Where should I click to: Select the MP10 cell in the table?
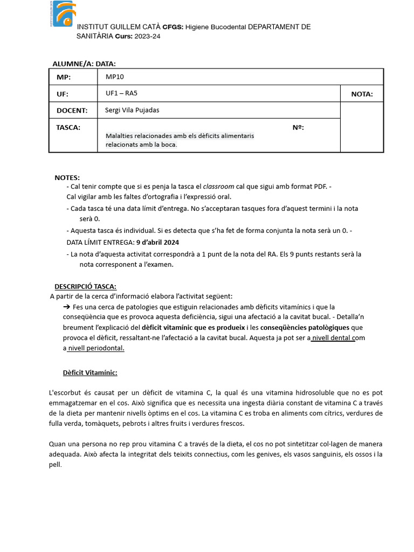tap(115, 77)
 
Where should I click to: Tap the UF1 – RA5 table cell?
tap(121, 93)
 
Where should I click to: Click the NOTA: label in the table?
tap(362, 94)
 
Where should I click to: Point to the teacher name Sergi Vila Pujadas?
tap(132, 110)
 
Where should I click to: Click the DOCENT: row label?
tap(72, 111)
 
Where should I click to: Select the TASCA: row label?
tap(68, 127)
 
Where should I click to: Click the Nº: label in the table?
tap(298, 127)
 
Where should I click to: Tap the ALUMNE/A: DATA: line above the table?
tap(84, 64)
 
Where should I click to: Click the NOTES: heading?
tap(67, 177)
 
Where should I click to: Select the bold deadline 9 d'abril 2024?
tap(157, 242)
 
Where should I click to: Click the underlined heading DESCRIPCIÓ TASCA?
tap(85, 286)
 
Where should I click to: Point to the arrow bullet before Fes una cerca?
tap(67, 307)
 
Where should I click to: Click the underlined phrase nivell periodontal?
tap(95, 348)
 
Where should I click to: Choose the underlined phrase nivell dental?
tap(333, 338)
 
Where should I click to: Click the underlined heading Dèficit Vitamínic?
tap(90, 372)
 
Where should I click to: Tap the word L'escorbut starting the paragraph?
tap(65, 393)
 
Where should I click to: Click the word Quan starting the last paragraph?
tap(57, 444)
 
